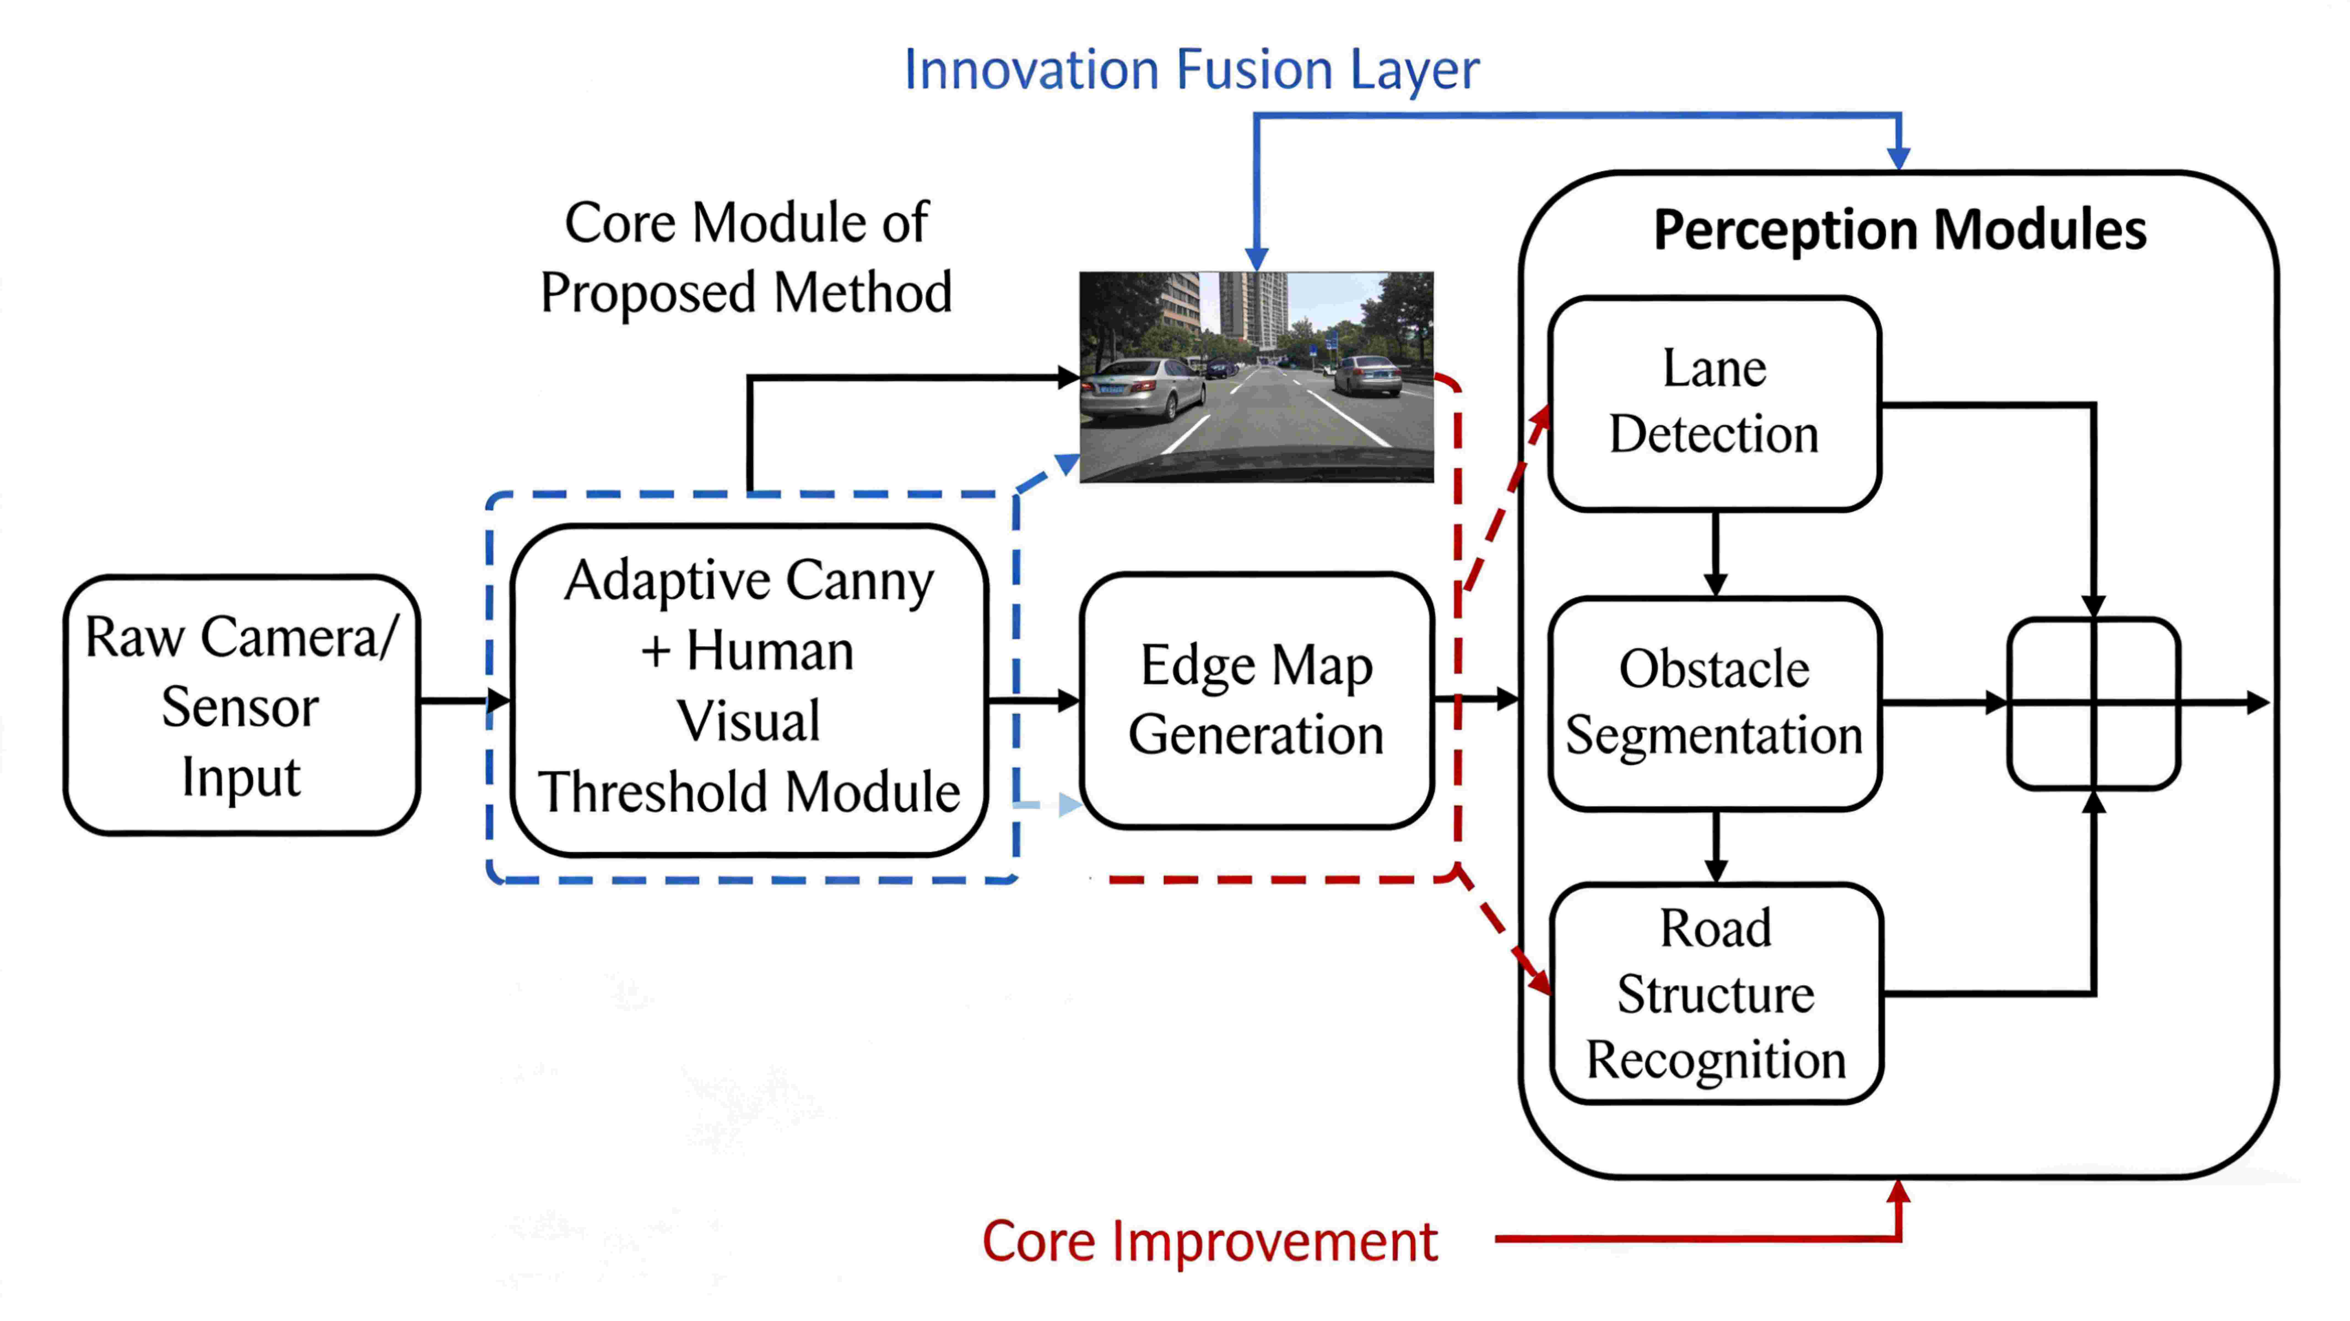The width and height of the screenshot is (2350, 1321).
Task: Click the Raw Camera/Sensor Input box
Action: click(x=242, y=704)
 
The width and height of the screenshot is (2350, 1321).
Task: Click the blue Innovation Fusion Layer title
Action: click(x=1191, y=70)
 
